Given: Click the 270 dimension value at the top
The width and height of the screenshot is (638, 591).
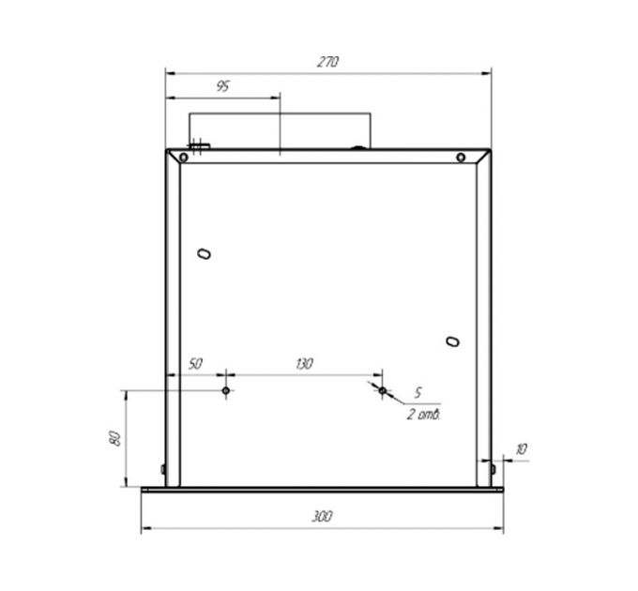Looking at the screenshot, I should click(327, 62).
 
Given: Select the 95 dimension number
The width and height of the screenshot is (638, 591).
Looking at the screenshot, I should click(222, 86).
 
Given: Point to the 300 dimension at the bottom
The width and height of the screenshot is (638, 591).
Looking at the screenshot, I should click(322, 517).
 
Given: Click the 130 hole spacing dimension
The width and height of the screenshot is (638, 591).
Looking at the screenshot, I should click(303, 363).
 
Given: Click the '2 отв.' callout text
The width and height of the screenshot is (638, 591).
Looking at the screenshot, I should click(424, 413).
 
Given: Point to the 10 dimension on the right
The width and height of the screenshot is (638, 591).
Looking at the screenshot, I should click(522, 450).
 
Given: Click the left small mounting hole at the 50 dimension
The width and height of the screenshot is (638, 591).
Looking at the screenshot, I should click(226, 389).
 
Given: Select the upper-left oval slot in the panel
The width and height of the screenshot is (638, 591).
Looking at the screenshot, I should click(205, 253).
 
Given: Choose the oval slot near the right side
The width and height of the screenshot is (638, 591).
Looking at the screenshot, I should click(452, 341).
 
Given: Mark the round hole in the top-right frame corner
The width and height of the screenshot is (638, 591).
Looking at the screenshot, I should click(461, 158).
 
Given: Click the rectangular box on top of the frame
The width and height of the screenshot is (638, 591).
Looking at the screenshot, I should click(281, 131).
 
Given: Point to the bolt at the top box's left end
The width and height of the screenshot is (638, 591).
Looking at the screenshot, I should click(199, 145).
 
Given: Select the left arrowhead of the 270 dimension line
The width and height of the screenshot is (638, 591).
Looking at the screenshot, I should click(170, 70).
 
